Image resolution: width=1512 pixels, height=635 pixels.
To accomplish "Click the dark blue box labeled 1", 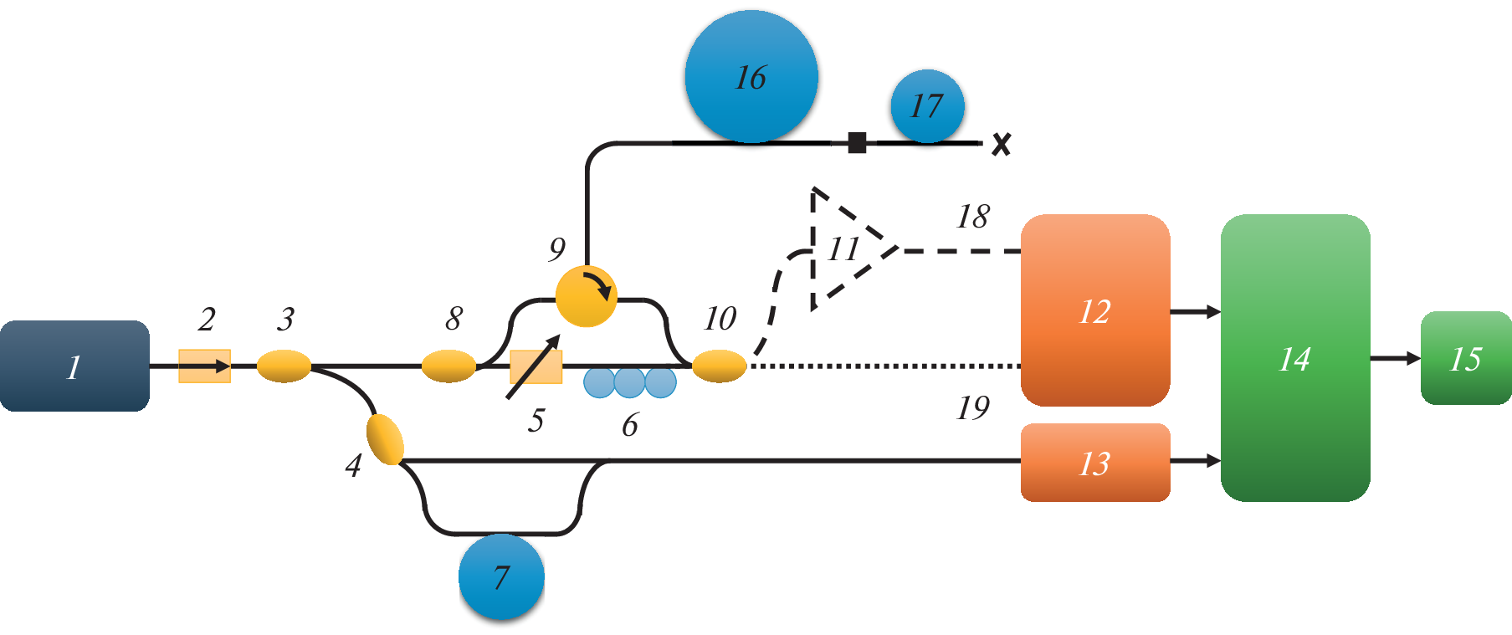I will click(x=74, y=366).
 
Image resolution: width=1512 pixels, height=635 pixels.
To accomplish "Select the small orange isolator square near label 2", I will click(x=204, y=366).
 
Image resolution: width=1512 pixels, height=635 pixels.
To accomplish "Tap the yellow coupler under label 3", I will click(x=284, y=366).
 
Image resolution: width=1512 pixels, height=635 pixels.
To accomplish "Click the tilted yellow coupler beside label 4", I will click(x=385, y=439).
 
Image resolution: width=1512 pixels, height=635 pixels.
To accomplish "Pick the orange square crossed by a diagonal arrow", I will click(x=536, y=366).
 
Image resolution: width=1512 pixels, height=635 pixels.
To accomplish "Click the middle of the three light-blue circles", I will click(x=629, y=382).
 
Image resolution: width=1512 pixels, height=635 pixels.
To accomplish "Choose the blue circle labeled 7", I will click(x=501, y=576).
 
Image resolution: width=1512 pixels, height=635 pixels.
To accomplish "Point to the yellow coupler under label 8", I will click(x=448, y=366).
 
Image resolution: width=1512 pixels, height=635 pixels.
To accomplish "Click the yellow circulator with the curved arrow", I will click(x=586, y=295).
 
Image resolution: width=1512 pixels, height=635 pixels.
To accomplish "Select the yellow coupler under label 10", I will click(x=719, y=366).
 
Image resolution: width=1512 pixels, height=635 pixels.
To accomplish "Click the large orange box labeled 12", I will click(x=1094, y=310).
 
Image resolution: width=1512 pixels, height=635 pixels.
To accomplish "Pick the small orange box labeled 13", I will click(x=1094, y=462).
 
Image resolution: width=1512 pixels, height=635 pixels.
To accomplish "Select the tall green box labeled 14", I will click(x=1294, y=358).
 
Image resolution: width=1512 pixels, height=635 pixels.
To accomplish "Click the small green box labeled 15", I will click(x=1465, y=358).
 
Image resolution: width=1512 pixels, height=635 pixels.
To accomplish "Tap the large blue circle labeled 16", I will click(x=751, y=76).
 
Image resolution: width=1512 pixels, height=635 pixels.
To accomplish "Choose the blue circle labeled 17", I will click(x=927, y=106).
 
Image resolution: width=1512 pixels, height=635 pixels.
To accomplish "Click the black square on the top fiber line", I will click(x=857, y=142).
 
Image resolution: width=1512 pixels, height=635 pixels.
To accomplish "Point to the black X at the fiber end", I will click(x=1001, y=145).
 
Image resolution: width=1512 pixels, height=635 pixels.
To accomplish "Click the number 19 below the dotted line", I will click(x=973, y=408).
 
